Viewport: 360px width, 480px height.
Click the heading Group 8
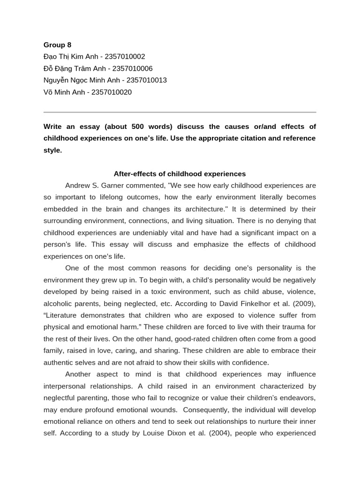point(57,45)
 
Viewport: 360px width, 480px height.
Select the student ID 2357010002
point(125,57)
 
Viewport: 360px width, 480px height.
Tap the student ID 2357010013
point(147,80)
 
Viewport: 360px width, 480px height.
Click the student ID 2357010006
point(133,68)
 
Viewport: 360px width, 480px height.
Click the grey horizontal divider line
point(180,112)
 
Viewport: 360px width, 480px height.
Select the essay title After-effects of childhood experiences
point(180,174)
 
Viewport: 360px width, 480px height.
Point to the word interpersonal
point(65,386)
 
